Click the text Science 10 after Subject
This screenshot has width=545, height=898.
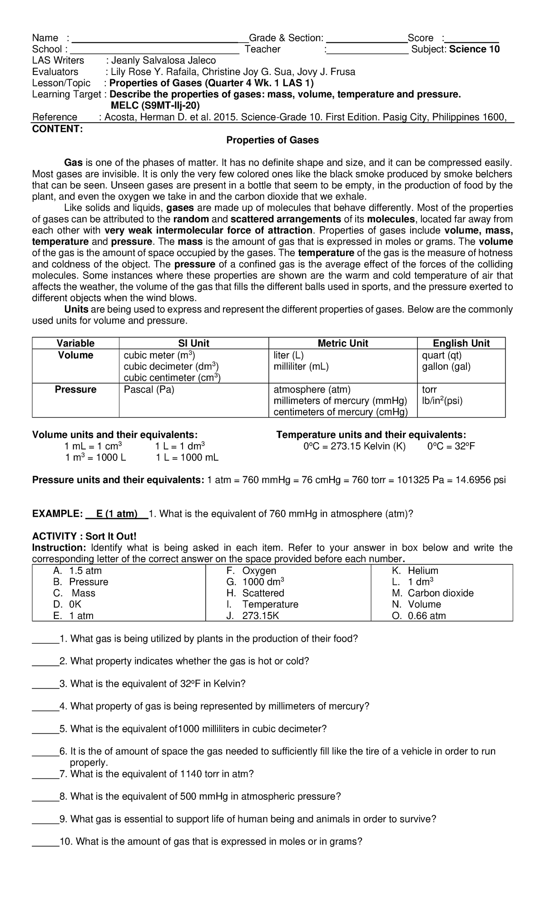point(475,49)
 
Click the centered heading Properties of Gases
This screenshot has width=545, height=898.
point(272,140)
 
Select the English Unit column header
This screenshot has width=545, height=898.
point(461,343)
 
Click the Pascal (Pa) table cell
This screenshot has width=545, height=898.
point(149,389)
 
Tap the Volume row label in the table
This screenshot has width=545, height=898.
point(75,355)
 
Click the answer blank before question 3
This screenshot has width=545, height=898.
point(45,684)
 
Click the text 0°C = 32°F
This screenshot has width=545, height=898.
point(451,446)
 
